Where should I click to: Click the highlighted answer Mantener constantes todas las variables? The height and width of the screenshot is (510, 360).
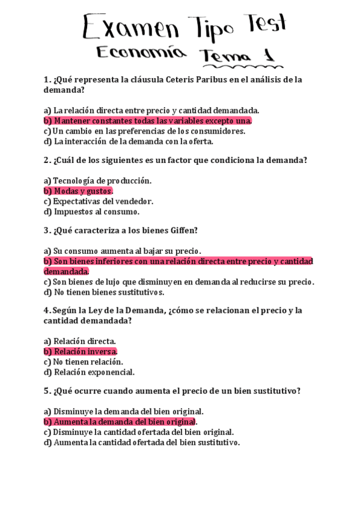coord(147,120)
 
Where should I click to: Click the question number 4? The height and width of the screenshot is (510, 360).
coord(46,311)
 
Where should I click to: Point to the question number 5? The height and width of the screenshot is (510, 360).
coord(46,390)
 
